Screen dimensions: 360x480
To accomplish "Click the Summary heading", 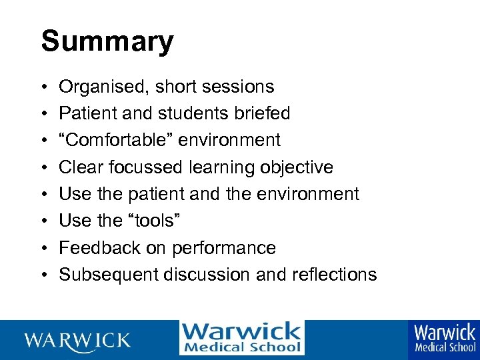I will pos(107,41).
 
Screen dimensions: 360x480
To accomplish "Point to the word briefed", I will pos(265,114).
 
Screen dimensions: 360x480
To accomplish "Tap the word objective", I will pos(296,167).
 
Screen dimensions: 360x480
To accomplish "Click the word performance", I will pos(224,248).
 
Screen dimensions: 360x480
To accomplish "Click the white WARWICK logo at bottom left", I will pos(77,341).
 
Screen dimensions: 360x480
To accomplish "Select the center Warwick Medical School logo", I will pos(241,338).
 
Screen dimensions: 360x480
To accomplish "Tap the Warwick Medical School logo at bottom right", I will pos(445,338).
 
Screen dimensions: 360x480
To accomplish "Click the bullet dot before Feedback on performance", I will pos(43,248).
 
